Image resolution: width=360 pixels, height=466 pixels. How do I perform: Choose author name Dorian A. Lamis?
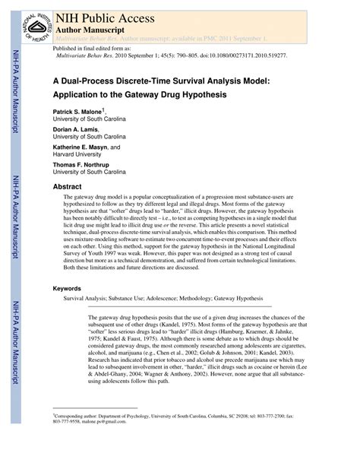coord(77,129)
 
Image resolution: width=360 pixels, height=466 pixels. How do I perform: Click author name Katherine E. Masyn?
coord(84,147)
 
